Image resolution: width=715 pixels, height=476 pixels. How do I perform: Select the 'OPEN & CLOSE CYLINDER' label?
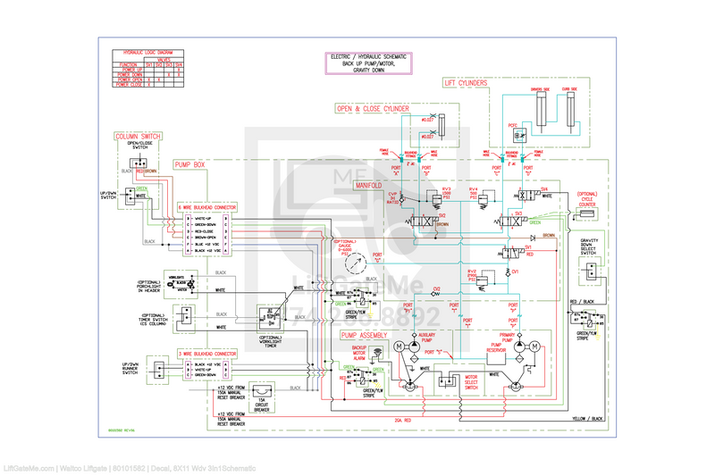(373, 109)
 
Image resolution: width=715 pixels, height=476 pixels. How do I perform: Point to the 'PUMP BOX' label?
(189, 165)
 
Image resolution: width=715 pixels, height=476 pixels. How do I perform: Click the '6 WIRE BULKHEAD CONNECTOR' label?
(206, 205)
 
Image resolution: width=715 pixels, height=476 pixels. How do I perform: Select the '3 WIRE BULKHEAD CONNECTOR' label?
(206, 354)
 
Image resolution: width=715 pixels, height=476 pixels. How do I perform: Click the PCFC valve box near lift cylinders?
(518, 136)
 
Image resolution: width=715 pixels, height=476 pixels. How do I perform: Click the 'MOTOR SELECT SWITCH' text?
(471, 381)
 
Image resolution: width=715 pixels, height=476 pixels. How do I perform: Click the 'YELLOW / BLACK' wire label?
(586, 418)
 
